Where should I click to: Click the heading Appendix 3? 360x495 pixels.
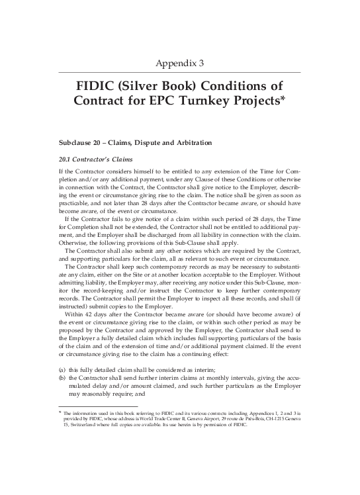[180, 64]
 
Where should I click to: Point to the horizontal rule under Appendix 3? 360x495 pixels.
[180, 72]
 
